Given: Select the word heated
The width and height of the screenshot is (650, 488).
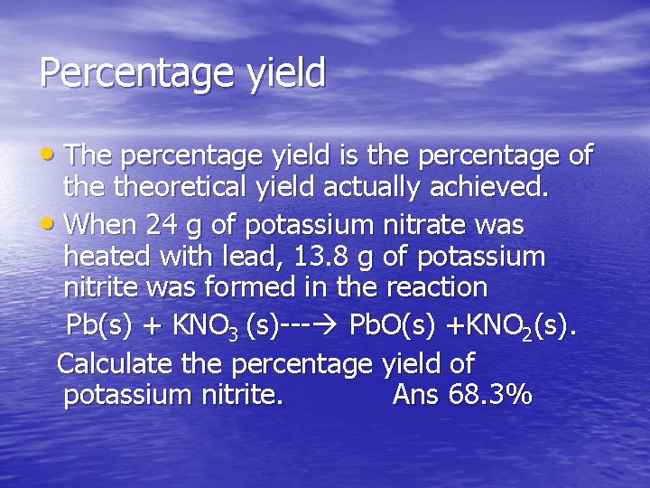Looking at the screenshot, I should [108, 257].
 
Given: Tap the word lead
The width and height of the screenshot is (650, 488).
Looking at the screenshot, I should [252, 257].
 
